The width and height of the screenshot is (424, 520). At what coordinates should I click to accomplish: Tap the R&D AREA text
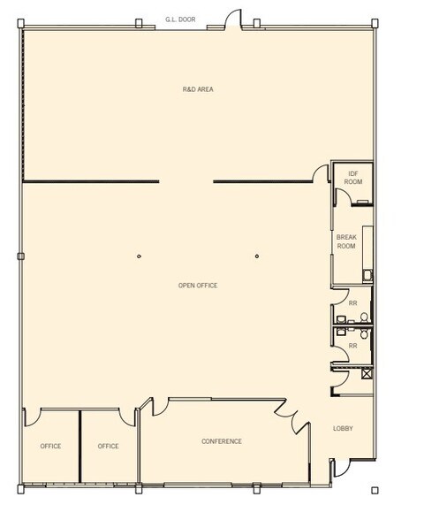198,89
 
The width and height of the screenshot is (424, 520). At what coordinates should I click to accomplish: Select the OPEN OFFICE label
198,286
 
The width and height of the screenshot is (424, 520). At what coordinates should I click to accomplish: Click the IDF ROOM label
353,177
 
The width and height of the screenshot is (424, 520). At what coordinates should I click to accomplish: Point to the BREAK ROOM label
346,241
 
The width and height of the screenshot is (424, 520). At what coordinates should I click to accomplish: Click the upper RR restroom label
353,303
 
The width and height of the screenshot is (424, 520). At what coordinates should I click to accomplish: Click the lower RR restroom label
353,346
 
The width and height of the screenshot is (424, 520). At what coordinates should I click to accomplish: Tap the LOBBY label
343,429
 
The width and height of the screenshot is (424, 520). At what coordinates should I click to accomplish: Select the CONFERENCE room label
221,441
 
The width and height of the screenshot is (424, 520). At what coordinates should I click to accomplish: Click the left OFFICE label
50,446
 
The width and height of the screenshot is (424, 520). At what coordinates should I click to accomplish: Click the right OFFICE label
108,446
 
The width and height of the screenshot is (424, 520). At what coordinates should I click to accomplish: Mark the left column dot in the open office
139,256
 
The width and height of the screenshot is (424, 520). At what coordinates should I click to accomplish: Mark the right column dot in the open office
257,256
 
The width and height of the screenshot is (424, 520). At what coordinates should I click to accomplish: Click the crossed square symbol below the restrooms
367,374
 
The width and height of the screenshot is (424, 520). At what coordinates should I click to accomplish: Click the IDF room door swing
342,197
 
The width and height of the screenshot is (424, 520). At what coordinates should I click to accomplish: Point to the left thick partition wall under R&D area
91,181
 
